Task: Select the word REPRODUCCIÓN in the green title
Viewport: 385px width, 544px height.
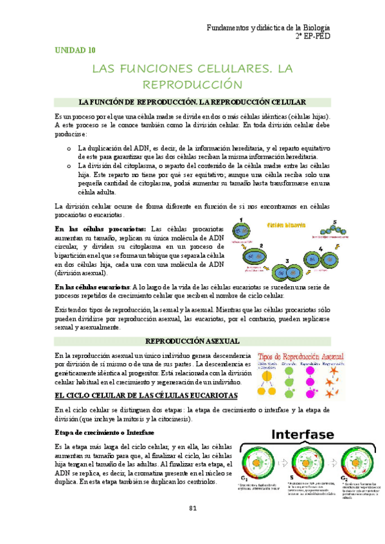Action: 192,84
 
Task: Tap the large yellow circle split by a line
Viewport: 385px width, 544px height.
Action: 263,387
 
